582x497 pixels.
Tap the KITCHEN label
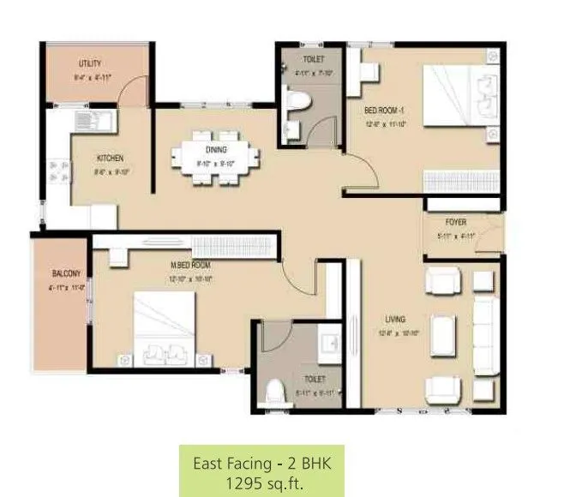click(x=110, y=158)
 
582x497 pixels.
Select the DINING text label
click(x=215, y=150)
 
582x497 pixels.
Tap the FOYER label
click(x=455, y=222)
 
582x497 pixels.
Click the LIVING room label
click(x=394, y=319)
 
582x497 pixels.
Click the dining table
click(x=215, y=158)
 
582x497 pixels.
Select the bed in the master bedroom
click(x=165, y=329)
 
